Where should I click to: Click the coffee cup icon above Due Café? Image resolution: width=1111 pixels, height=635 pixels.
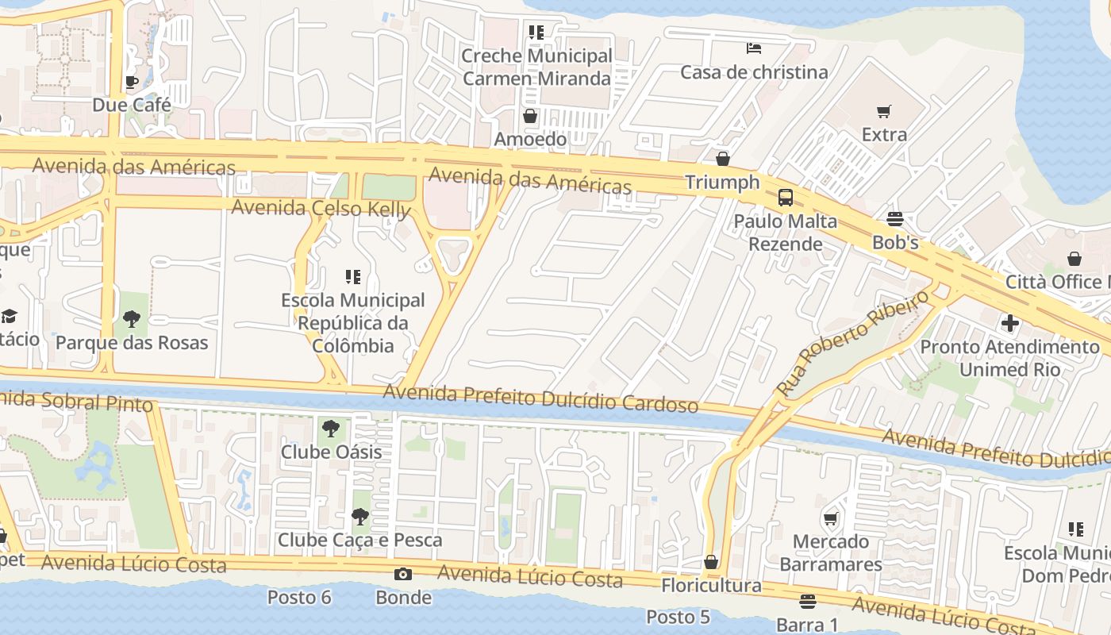click(x=132, y=82)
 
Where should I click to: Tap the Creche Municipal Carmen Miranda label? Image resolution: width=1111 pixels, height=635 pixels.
click(x=536, y=67)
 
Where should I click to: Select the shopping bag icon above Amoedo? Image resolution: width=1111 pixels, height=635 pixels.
click(x=530, y=117)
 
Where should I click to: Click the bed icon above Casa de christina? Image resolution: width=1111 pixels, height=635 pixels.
click(x=753, y=48)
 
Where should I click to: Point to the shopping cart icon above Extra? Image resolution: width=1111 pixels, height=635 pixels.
click(x=884, y=111)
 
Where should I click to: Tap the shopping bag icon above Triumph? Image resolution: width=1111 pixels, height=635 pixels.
click(x=722, y=160)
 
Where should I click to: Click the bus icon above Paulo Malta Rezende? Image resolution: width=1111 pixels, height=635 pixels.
click(x=785, y=198)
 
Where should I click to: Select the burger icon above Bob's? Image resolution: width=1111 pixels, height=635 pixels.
click(x=895, y=219)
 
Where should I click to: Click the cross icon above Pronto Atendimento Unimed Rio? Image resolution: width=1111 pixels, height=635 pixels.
click(x=1009, y=323)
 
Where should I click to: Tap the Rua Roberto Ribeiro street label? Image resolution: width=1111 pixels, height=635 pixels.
click(x=852, y=343)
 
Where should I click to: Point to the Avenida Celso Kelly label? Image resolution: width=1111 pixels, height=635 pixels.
click(x=321, y=209)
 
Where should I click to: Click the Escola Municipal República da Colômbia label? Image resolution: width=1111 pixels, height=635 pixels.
click(x=353, y=323)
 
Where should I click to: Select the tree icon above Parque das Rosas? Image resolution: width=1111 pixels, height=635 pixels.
click(x=132, y=320)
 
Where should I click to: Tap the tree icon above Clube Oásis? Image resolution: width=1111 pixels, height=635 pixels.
click(x=331, y=429)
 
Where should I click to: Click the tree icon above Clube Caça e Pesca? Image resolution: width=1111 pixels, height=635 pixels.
click(x=359, y=518)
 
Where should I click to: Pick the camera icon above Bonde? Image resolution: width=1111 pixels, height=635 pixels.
click(x=403, y=574)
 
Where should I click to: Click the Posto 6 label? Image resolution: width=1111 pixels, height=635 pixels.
click(x=299, y=597)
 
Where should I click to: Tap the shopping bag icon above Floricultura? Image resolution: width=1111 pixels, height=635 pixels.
click(x=711, y=563)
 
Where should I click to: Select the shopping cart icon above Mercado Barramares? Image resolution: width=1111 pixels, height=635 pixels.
click(x=830, y=519)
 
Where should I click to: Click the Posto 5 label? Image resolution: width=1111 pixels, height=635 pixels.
click(x=678, y=617)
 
